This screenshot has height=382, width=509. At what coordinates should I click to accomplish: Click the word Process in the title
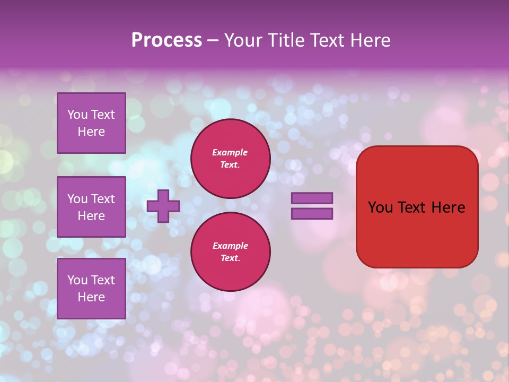click(166, 40)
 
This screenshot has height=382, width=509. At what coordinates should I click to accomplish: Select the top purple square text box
click(91, 123)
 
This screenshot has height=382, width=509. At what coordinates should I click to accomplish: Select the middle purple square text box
click(91, 207)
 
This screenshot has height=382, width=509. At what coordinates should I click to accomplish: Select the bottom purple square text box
click(91, 288)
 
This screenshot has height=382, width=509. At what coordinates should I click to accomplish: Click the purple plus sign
click(163, 206)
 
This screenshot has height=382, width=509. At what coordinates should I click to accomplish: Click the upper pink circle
click(230, 159)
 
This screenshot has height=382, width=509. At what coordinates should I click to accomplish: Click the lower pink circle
click(230, 252)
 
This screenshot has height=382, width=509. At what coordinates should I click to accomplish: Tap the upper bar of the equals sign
click(312, 198)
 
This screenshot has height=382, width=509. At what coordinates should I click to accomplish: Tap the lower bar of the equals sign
click(312, 214)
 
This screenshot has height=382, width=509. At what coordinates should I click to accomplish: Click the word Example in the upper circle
click(230, 152)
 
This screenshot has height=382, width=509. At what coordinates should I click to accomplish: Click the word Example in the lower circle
click(230, 246)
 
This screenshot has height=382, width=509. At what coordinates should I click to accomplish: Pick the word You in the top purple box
click(77, 115)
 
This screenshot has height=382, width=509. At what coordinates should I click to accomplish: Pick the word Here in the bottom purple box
click(91, 297)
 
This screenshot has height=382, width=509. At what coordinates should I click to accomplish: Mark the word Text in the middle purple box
click(102, 199)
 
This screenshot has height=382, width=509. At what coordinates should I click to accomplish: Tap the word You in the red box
click(380, 207)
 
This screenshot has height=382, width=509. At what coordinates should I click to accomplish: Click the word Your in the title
click(242, 40)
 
